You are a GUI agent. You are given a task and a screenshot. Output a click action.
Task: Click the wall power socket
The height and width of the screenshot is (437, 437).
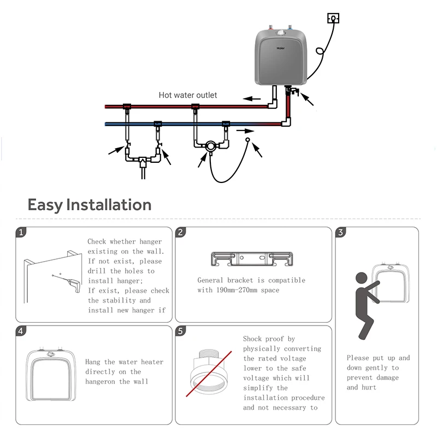click(333, 19)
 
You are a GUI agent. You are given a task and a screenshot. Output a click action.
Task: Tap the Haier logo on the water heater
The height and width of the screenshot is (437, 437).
click(280, 48)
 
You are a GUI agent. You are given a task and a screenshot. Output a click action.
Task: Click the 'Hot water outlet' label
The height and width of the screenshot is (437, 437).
click(187, 95)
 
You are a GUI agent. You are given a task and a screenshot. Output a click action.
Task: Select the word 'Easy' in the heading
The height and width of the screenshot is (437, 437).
click(45, 205)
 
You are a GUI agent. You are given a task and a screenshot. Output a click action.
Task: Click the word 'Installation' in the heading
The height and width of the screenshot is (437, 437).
click(109, 205)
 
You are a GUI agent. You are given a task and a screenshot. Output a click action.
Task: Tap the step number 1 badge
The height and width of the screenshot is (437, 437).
click(21, 232)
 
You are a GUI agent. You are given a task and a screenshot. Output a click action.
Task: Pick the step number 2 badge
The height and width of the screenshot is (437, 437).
click(181, 232)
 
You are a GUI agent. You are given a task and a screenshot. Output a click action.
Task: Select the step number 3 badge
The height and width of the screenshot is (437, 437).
click(341, 232)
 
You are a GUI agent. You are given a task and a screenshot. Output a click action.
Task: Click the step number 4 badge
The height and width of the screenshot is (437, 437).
click(21, 330)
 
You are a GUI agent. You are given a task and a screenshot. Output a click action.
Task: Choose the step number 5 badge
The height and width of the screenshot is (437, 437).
click(181, 330)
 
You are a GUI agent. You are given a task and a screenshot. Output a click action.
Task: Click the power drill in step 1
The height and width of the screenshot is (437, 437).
click(73, 284)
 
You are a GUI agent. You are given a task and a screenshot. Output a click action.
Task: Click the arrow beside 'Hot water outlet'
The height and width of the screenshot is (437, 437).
click(252, 99)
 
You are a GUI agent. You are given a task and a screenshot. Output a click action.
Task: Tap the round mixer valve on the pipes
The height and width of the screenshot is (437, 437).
click(210, 146)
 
